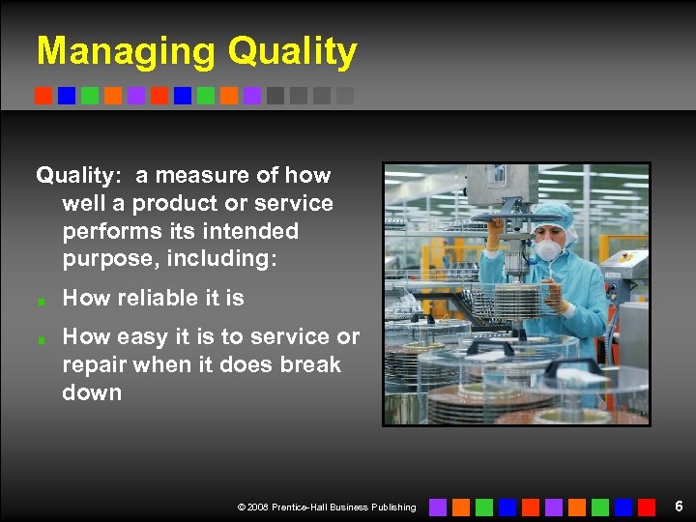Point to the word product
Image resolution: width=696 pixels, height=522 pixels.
(x=167, y=204)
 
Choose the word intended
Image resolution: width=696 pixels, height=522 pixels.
(x=255, y=232)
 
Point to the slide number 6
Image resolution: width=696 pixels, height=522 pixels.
(x=679, y=507)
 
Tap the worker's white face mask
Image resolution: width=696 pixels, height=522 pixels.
(x=549, y=250)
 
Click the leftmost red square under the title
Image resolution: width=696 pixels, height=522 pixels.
(x=43, y=96)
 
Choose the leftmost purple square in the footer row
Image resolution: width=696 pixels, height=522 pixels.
(x=438, y=507)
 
